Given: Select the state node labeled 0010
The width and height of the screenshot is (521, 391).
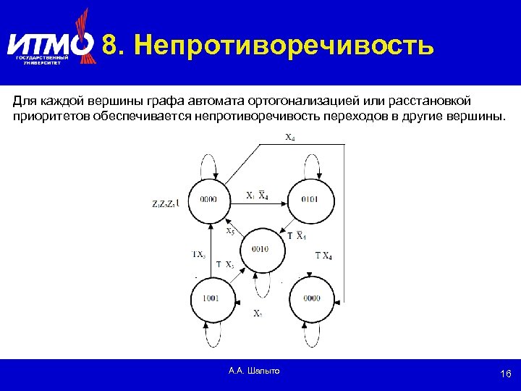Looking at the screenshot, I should pyautogui.click(x=260, y=248).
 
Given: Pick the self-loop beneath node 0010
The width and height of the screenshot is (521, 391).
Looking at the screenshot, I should pyautogui.click(x=260, y=285).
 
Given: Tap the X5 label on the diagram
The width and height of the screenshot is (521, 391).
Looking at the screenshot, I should pyautogui.click(x=230, y=231).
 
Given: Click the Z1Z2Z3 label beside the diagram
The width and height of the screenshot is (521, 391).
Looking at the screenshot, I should pyautogui.click(x=165, y=204).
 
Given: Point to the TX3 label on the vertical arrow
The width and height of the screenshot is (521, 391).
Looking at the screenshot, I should pyautogui.click(x=199, y=254).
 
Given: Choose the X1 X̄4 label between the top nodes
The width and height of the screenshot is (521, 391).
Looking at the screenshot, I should pyautogui.click(x=257, y=195).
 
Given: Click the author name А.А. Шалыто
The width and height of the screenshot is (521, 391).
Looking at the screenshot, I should pyautogui.click(x=254, y=371).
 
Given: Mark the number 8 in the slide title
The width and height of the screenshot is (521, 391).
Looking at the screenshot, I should pyautogui.click(x=110, y=45).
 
